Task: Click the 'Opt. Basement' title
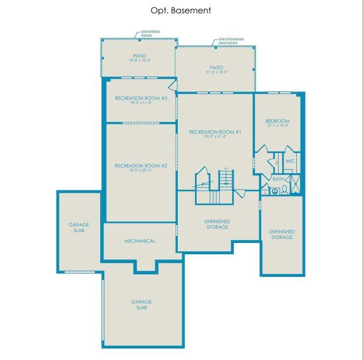181,10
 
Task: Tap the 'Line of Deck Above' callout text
150,33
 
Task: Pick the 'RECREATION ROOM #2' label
141,166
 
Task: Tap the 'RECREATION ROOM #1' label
215,132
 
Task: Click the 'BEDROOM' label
278,121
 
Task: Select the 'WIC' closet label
290,161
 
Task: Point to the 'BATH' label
279,180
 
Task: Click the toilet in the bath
284,190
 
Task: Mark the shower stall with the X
296,185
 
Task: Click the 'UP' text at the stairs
226,169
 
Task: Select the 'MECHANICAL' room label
140,241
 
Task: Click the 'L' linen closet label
265,192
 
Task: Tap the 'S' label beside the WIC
276,162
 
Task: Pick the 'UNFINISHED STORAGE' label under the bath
281,234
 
